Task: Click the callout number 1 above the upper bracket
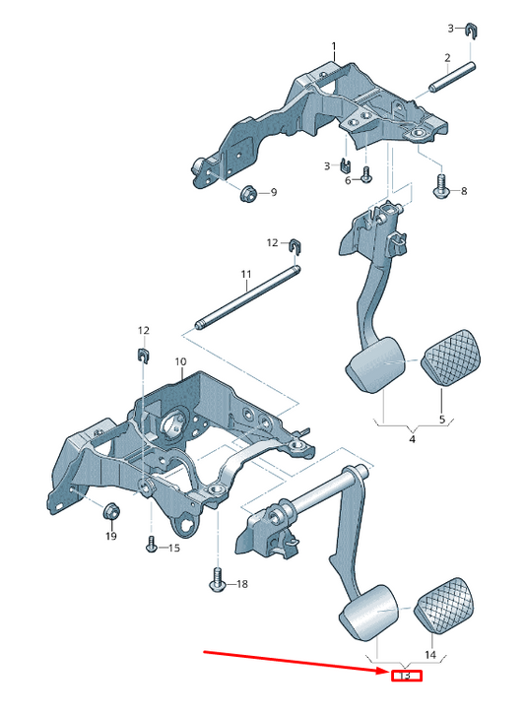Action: pyautogui.click(x=334, y=46)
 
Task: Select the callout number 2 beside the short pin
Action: pyautogui.click(x=447, y=58)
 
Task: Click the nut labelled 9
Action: pyautogui.click(x=247, y=193)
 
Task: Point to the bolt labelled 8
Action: pyautogui.click(x=442, y=188)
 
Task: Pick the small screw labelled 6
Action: pyautogui.click(x=366, y=174)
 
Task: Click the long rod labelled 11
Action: pyautogui.click(x=248, y=296)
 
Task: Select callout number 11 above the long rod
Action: pyautogui.click(x=246, y=274)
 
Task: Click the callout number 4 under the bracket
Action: pyautogui.click(x=412, y=439)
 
